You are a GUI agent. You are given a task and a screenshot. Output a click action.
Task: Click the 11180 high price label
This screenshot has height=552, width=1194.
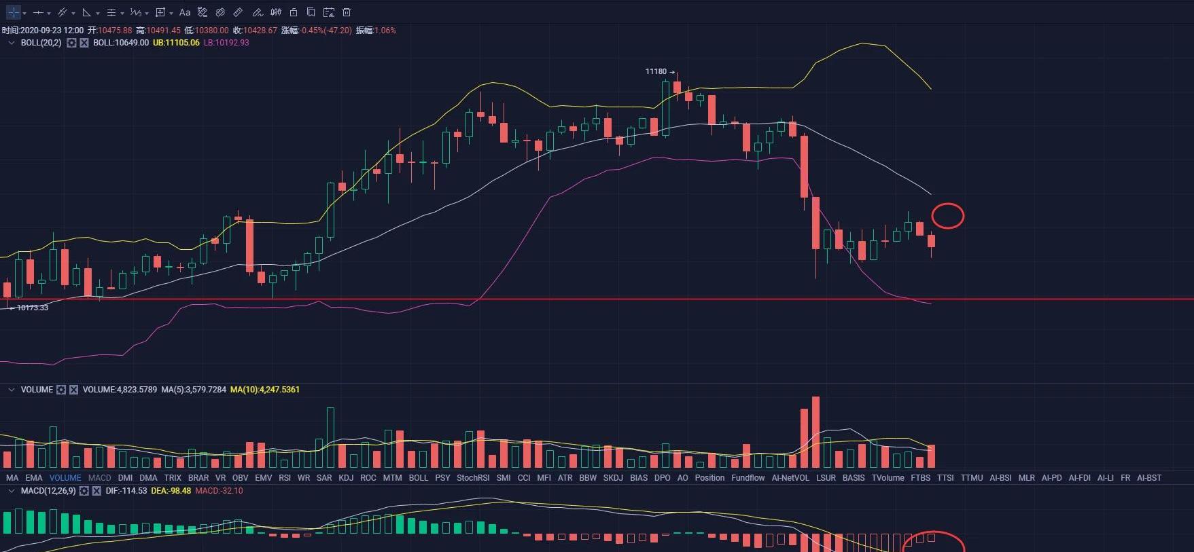coord(656,71)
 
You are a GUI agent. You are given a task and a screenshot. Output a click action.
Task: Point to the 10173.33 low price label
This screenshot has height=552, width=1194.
coord(32,308)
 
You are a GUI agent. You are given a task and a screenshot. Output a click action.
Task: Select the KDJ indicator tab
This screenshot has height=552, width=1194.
coord(346,478)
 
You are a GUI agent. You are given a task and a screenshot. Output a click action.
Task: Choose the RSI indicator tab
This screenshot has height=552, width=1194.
coord(285,478)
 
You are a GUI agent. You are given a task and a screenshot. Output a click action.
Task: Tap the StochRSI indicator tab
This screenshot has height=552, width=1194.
coord(473,478)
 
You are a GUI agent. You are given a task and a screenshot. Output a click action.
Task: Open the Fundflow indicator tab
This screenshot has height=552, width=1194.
coord(748,478)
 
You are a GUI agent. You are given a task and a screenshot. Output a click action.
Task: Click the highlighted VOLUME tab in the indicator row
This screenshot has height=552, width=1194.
coord(65,478)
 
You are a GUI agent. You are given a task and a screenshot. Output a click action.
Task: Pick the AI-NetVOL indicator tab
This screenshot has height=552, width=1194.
coord(790,478)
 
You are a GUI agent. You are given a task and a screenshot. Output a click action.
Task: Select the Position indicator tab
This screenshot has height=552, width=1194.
coord(709,478)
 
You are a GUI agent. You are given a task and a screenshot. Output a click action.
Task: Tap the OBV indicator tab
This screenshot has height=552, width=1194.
coord(241,478)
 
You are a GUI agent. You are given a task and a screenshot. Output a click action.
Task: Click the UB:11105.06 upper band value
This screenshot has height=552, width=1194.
coord(176,43)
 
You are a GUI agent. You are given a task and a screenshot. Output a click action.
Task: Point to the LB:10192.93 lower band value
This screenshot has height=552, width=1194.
coord(226,43)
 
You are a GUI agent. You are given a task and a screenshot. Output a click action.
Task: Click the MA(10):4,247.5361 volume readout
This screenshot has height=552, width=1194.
coord(265,390)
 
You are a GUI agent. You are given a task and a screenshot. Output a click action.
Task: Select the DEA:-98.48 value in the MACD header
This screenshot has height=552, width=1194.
coord(171,491)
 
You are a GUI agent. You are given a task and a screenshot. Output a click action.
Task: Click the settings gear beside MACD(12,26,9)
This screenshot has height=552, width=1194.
coord(84,491)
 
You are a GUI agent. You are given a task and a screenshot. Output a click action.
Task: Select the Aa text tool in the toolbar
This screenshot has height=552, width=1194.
coord(185,12)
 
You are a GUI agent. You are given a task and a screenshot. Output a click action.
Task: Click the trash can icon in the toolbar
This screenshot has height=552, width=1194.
coord(347,12)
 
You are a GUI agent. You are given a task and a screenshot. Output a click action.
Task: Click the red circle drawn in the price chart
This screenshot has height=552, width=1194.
coord(947,216)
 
